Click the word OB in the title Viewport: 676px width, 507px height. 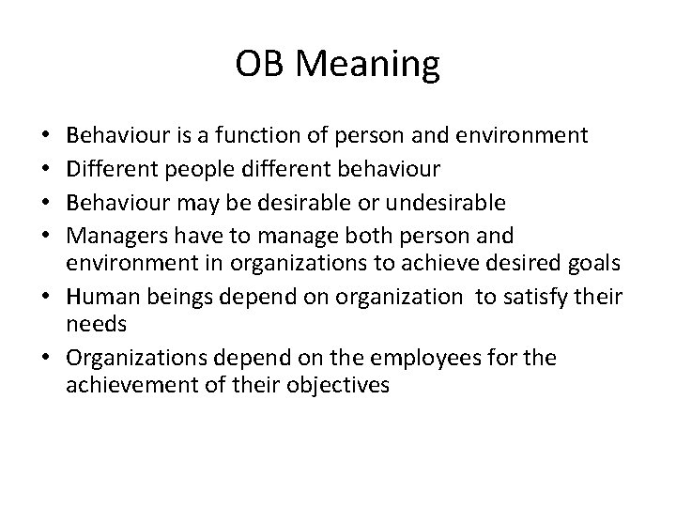255,65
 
